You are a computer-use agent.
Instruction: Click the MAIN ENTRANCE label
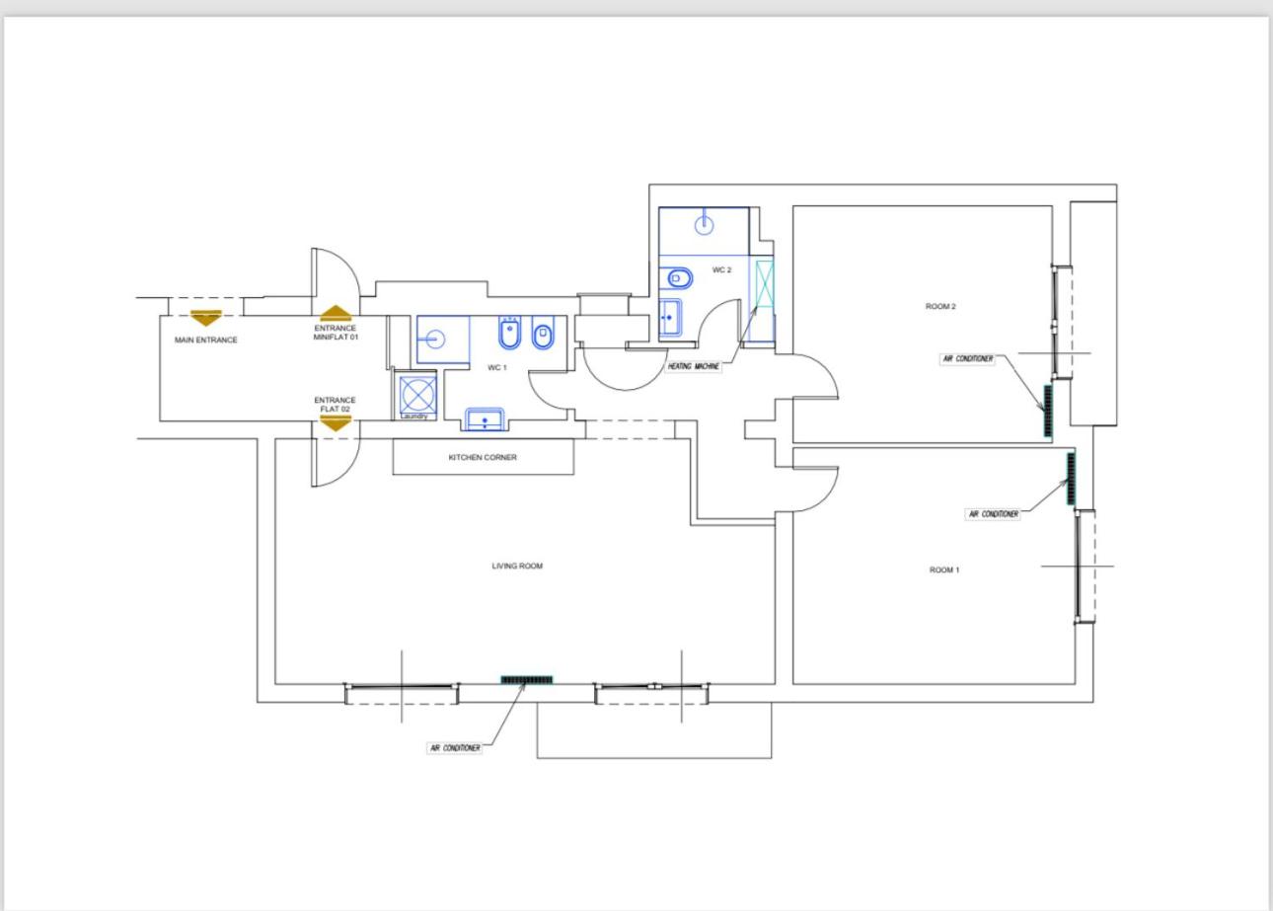(x=205, y=340)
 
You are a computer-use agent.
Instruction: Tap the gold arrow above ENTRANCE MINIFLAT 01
(x=336, y=313)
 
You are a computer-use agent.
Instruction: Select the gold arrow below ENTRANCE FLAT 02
(x=336, y=423)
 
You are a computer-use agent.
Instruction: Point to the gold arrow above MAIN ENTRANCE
(x=205, y=318)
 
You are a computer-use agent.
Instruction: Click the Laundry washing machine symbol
(x=417, y=394)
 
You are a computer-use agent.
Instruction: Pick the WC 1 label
(x=496, y=368)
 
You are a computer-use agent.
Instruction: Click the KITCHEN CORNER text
(x=483, y=457)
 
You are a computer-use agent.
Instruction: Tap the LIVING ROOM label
(x=517, y=566)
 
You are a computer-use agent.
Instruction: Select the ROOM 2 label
(x=940, y=306)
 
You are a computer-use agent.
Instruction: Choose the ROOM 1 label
(x=944, y=570)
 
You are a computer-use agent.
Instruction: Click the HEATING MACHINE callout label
(x=694, y=366)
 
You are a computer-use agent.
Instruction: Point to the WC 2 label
(x=721, y=270)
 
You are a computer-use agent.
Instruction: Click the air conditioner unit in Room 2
(x=1048, y=411)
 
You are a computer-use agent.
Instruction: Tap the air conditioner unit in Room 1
(x=1072, y=479)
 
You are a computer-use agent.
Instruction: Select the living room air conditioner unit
(x=527, y=680)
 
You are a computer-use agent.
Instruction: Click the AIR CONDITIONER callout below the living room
(x=455, y=748)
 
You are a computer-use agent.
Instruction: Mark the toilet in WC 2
(x=680, y=278)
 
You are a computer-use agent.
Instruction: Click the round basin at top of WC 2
(x=705, y=225)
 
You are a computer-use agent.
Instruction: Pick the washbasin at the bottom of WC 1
(x=485, y=419)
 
